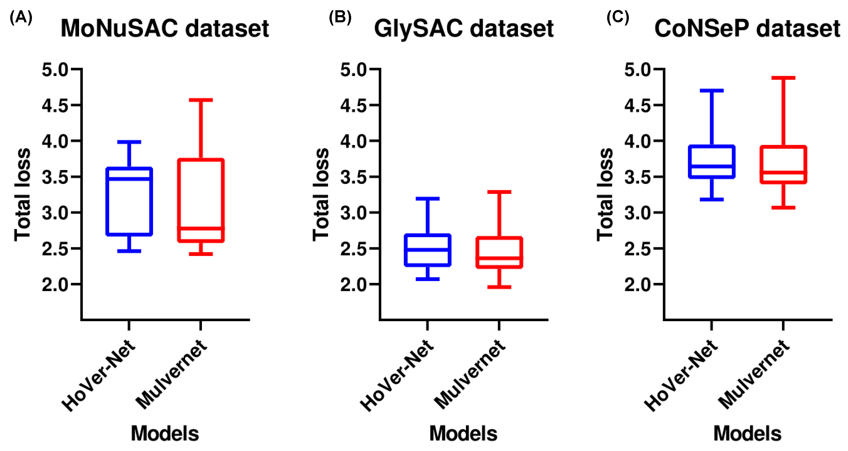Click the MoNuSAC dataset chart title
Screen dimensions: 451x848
coord(165,28)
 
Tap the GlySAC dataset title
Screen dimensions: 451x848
coord(463,28)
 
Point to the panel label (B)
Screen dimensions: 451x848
coord(340,17)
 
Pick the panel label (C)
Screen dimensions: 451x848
coord(618,17)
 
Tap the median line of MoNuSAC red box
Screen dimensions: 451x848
coord(201,228)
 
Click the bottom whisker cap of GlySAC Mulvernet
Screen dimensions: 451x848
coord(499,287)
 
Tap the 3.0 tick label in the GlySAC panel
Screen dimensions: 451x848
coord(353,213)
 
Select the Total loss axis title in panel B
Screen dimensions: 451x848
coord(321,194)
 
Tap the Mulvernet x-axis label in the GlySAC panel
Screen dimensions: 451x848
coord(470,375)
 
